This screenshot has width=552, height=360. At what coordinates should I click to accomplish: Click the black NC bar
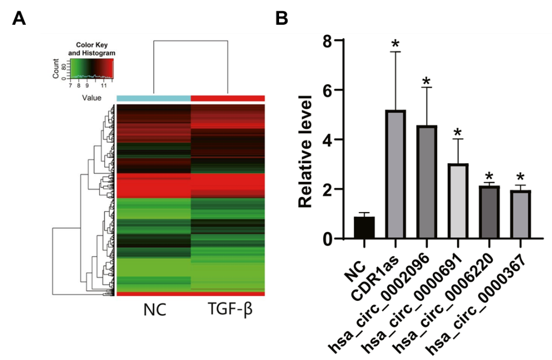pos(365,228)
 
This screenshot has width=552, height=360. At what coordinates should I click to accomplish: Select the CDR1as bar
pos(396,174)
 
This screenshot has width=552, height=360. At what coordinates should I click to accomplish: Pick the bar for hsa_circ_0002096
pos(427,182)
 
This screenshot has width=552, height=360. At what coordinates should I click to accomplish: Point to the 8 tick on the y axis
pos(325,40)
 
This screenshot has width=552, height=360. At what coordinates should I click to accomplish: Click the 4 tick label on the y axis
pos(325,139)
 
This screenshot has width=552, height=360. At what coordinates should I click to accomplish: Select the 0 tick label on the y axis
pos(325,239)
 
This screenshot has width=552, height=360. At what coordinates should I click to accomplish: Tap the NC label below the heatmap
pos(155,309)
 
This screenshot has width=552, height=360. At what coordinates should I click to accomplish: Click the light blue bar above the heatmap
pos(154,98)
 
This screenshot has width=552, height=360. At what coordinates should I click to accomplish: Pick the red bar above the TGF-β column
pos(228,98)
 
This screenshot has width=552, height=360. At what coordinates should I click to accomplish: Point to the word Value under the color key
pos(91,98)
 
